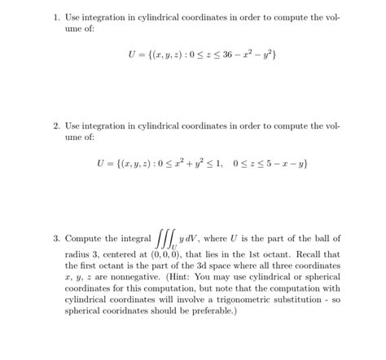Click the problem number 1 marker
coord(57,17)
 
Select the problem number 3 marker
coord(57,239)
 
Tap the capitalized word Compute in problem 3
coord(86,239)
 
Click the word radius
coord(80,253)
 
